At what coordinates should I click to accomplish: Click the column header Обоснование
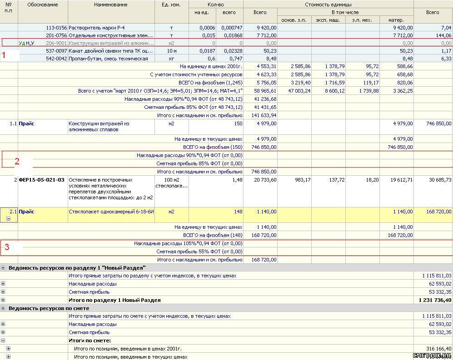(x=43, y=5)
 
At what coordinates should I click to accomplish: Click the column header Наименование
(x=111, y=5)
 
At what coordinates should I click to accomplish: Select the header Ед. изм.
(x=171, y=5)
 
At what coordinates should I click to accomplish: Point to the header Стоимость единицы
(x=328, y=5)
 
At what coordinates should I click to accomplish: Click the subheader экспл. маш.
(x=328, y=20)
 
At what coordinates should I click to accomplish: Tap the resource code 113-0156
(x=56, y=28)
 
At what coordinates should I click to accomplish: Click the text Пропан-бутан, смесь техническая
(x=108, y=59)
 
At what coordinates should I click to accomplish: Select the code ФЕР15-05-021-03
(x=41, y=180)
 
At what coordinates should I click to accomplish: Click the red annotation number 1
(x=4, y=55)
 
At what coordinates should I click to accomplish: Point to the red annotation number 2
(x=17, y=161)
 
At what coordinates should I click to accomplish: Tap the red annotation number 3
(x=7, y=247)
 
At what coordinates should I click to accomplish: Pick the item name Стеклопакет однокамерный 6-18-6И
(x=111, y=212)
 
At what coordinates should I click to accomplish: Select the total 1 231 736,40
(x=435, y=300)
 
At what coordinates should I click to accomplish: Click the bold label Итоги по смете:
(x=90, y=340)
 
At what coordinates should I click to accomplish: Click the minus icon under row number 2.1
(x=9, y=218)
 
